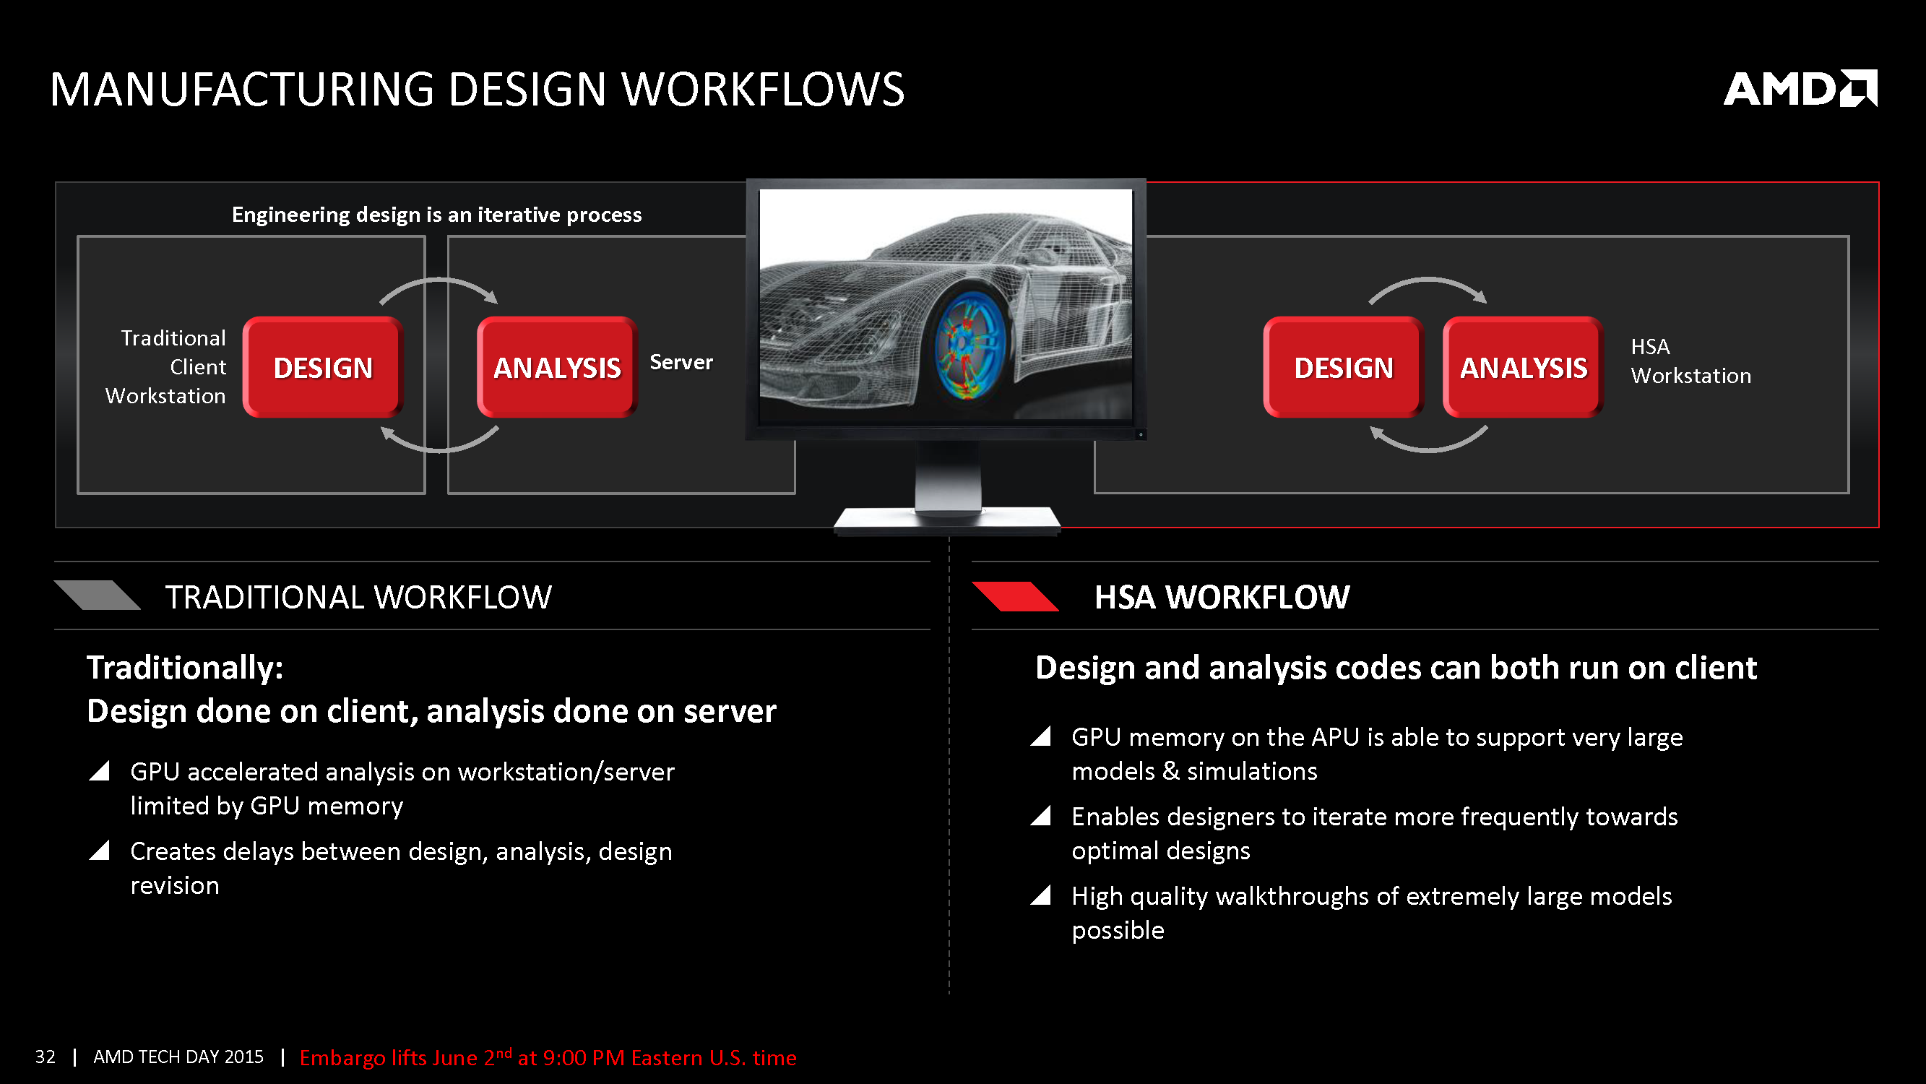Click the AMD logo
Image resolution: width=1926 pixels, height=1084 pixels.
(1800, 89)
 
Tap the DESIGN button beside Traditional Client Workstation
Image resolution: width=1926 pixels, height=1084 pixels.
(323, 367)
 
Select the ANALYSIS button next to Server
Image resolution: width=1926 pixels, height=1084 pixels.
(557, 367)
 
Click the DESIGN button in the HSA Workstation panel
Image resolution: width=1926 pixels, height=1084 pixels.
(1344, 367)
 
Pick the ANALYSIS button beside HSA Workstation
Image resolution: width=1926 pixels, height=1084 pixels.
(1523, 367)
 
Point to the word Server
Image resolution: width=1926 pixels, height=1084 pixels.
(681, 362)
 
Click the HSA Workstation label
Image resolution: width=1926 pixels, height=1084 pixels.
(1690, 361)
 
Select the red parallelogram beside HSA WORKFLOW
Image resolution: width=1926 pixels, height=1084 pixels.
(1014, 596)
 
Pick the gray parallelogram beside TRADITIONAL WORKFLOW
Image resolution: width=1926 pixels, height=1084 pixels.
(98, 595)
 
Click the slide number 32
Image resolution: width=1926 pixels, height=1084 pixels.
(45, 1057)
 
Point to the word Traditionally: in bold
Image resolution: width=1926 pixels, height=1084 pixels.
(185, 667)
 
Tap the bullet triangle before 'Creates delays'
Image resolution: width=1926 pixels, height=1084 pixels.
(100, 850)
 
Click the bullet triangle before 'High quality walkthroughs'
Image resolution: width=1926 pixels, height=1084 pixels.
(1041, 895)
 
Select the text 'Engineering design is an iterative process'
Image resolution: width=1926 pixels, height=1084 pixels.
(436, 215)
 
